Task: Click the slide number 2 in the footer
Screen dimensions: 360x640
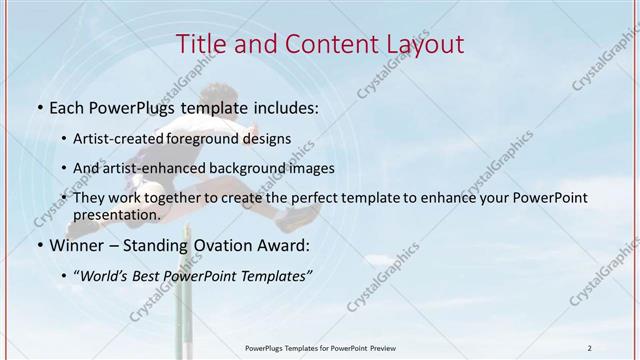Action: (589, 348)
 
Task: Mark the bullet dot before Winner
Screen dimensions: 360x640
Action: (38, 246)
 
